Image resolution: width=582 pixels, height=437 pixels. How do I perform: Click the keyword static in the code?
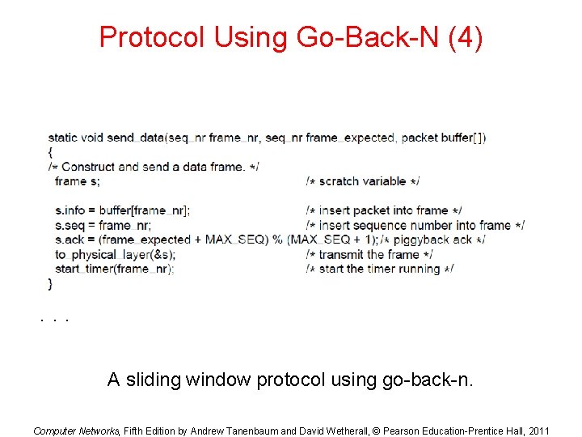pyautogui.click(x=63, y=138)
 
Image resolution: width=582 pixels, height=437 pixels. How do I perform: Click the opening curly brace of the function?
pyautogui.click(x=50, y=152)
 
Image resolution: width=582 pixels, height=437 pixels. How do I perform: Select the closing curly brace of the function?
pyautogui.click(x=50, y=283)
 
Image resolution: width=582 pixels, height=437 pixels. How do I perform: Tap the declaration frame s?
pyautogui.click(x=78, y=181)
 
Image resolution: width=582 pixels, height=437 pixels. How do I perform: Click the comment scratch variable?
pyautogui.click(x=363, y=181)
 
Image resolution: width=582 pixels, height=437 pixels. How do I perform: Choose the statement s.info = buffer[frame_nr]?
pyautogui.click(x=123, y=210)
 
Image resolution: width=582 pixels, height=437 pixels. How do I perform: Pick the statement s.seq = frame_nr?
pyautogui.click(x=103, y=225)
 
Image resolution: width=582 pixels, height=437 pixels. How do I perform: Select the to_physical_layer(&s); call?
pyautogui.click(x=115, y=254)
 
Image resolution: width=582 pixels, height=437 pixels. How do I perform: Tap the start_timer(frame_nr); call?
pyautogui.click(x=115, y=269)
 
